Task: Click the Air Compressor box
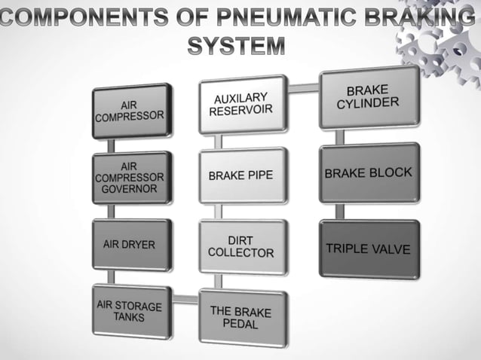[131, 111]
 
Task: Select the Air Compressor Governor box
[131, 177]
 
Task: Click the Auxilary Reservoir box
[242, 104]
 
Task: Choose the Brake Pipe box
[242, 175]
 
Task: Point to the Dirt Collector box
[242, 246]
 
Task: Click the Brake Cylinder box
[367, 97]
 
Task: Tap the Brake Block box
[368, 173]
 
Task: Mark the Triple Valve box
[368, 249]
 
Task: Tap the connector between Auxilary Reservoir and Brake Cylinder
[303, 88]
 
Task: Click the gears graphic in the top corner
[445, 45]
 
